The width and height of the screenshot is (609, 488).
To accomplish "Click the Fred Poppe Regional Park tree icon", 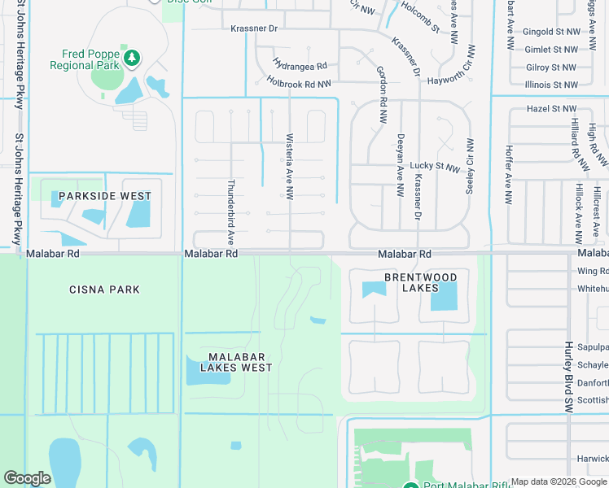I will (132, 58).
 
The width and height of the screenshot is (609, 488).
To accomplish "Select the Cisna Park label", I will (104, 290).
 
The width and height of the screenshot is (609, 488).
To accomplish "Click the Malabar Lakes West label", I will (240, 362).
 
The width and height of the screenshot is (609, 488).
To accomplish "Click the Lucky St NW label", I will (435, 168).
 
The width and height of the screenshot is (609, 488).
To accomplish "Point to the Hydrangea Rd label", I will (300, 65).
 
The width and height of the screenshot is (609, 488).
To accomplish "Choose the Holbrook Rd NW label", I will (299, 82).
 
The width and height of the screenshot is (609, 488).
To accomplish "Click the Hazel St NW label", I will (551, 108).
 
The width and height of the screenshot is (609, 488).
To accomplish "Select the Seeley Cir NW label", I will (469, 165).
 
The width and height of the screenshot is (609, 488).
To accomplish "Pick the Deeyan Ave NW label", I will (401, 166).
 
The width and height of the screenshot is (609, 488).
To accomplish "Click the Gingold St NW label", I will (551, 32).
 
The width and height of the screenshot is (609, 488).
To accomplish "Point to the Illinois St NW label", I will (551, 84).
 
